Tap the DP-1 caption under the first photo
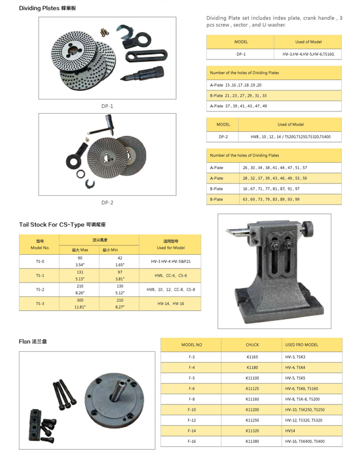107,106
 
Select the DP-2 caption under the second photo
107,202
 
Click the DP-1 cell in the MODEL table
240,54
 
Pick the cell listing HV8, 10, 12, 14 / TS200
290,137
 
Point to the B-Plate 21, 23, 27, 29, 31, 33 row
238,95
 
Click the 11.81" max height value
80,307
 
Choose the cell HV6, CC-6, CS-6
170,275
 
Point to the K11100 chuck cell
252,378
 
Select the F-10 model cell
191,410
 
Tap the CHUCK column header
252,345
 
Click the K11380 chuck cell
252,442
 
